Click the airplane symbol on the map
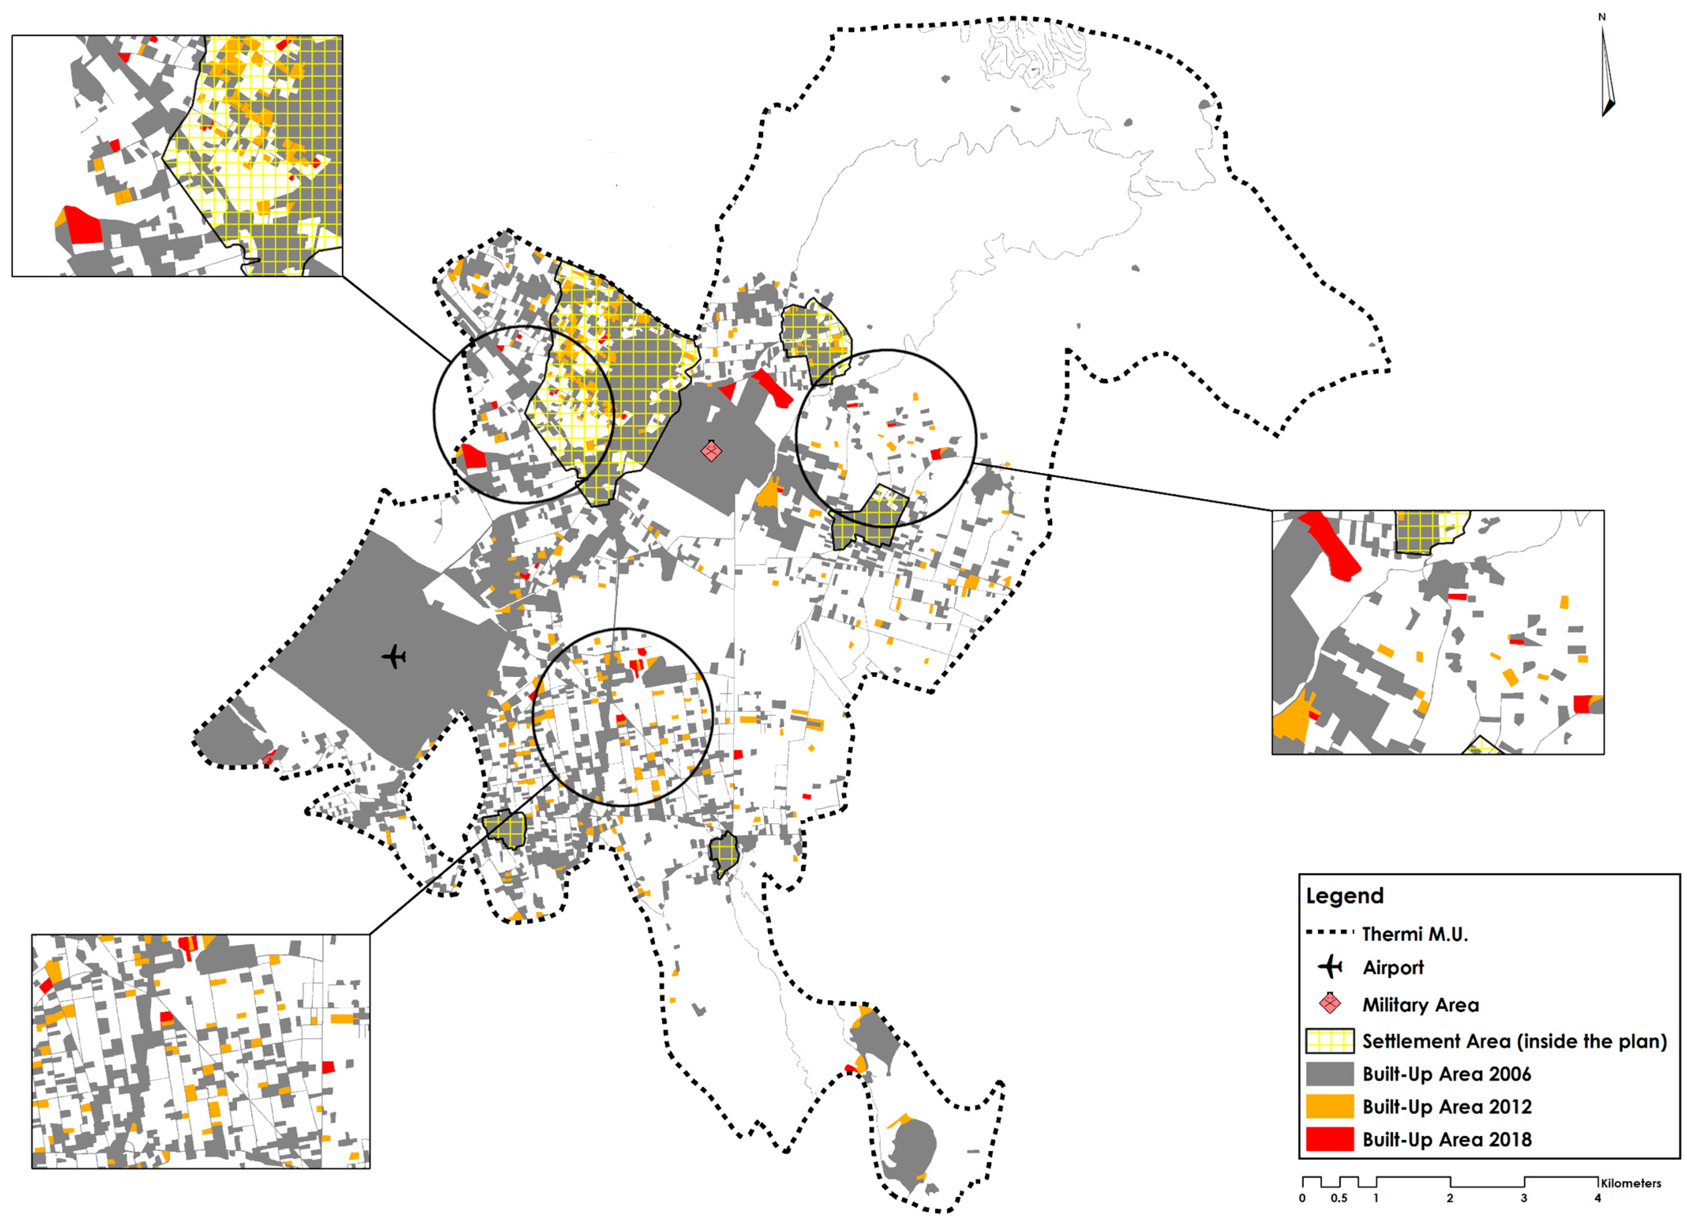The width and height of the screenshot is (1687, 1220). coord(394,657)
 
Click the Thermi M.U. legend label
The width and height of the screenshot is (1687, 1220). coord(1415,935)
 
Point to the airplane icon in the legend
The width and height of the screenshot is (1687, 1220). coord(1330,967)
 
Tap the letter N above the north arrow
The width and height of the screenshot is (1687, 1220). coord(1602,16)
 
